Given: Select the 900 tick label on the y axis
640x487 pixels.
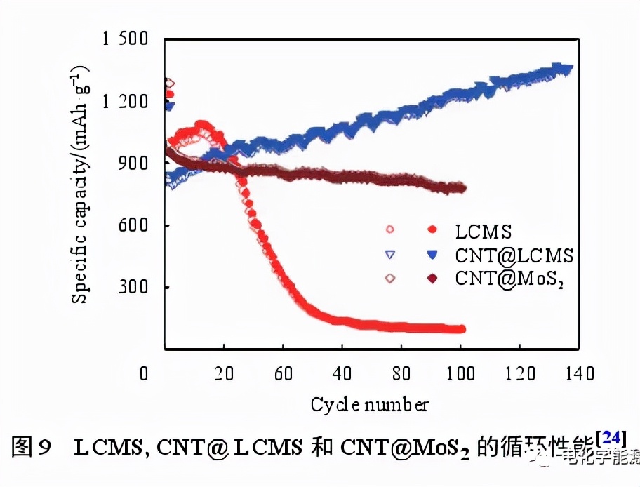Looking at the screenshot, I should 133,164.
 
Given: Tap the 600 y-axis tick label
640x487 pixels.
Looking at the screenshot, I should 133,225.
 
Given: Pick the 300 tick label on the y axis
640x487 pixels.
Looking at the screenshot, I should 133,287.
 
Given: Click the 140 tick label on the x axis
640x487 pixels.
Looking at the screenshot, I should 578,373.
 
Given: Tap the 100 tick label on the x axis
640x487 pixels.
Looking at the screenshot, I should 460,373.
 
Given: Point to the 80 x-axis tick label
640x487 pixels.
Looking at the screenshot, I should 401,373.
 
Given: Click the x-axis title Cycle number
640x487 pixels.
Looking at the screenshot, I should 369,404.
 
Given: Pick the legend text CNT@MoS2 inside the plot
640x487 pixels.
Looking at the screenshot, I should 510,278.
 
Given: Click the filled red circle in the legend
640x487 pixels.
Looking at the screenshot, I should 432,229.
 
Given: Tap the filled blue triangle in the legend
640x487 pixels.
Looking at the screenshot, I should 432,254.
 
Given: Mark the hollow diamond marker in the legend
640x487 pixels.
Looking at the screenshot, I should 391,278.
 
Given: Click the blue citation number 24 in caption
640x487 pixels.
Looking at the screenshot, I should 609,438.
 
